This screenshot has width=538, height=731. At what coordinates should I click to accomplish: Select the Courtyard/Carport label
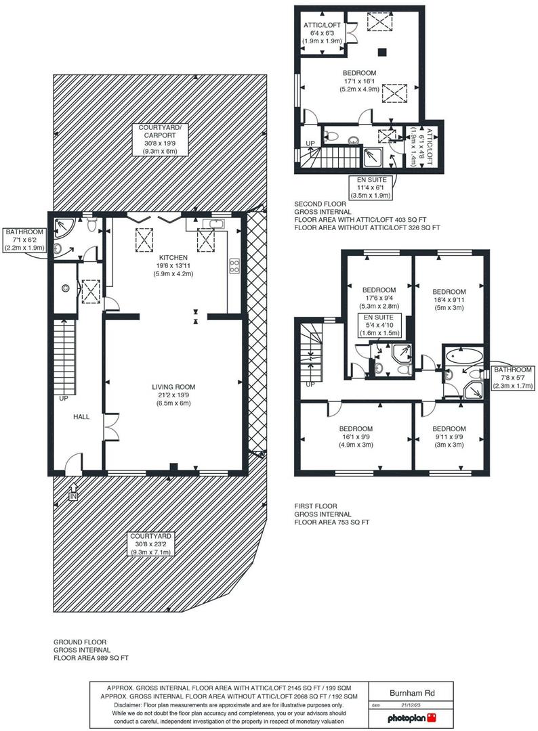[x=160, y=139]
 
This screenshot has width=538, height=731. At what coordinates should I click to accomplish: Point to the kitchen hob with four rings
[x=234, y=266]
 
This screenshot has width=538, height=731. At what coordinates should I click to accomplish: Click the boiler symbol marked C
[x=66, y=288]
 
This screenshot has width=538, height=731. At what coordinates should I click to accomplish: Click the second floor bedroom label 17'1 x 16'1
[x=360, y=81]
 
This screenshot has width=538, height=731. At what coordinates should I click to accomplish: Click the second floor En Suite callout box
[x=367, y=187]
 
